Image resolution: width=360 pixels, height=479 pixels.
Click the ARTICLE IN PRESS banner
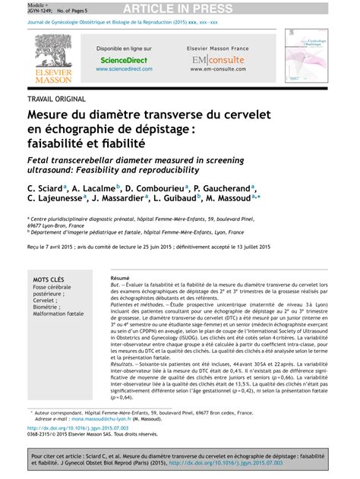181,8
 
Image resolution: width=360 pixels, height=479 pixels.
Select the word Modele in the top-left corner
15,4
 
